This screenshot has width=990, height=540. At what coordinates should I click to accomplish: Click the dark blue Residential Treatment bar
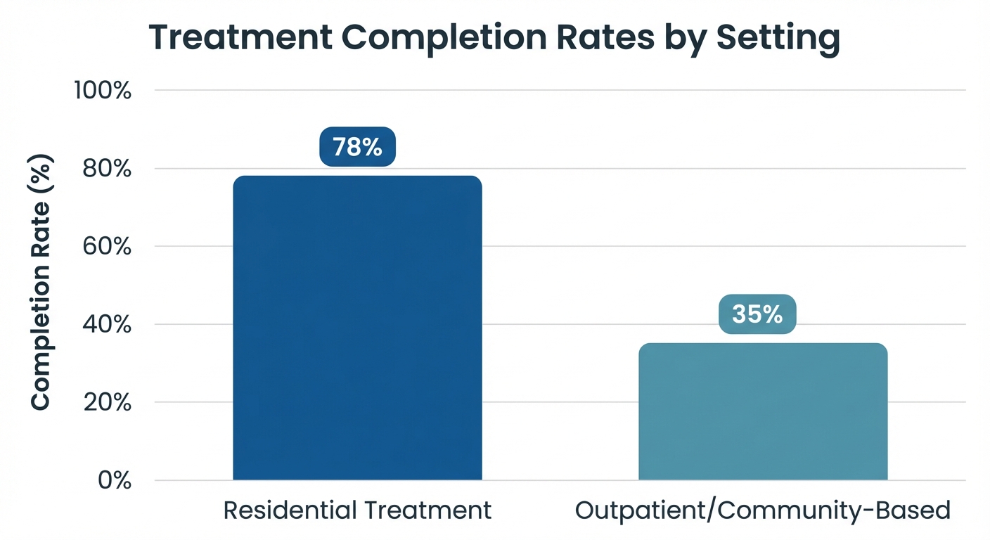pyautogui.click(x=357, y=328)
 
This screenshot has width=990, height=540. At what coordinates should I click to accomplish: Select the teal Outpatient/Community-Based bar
pyautogui.click(x=763, y=411)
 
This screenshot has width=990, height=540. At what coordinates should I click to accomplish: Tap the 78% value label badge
pyautogui.click(x=357, y=147)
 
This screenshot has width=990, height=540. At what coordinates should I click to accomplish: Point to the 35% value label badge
pyautogui.click(x=757, y=314)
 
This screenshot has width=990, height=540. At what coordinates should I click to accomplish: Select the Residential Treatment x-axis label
pyautogui.click(x=357, y=510)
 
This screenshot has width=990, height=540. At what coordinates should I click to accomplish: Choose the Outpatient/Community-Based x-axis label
pyautogui.click(x=763, y=510)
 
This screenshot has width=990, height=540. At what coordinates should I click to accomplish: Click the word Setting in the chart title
pyautogui.click(x=778, y=39)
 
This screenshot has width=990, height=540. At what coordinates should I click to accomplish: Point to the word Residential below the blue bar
pyautogui.click(x=289, y=510)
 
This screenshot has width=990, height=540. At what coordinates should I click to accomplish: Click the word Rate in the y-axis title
pyautogui.click(x=41, y=236)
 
